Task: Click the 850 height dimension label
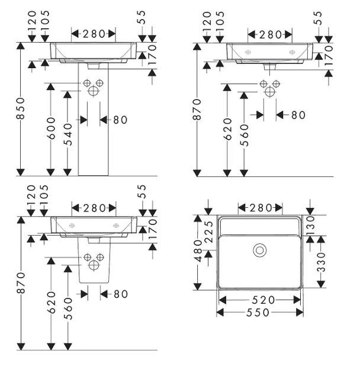click(x=21, y=108)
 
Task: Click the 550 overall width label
click(x=258, y=312)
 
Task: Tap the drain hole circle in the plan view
click(x=259, y=250)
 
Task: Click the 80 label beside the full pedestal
click(x=120, y=120)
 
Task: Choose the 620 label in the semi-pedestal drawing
click(x=52, y=302)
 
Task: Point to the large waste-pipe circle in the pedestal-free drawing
click(x=271, y=91)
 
